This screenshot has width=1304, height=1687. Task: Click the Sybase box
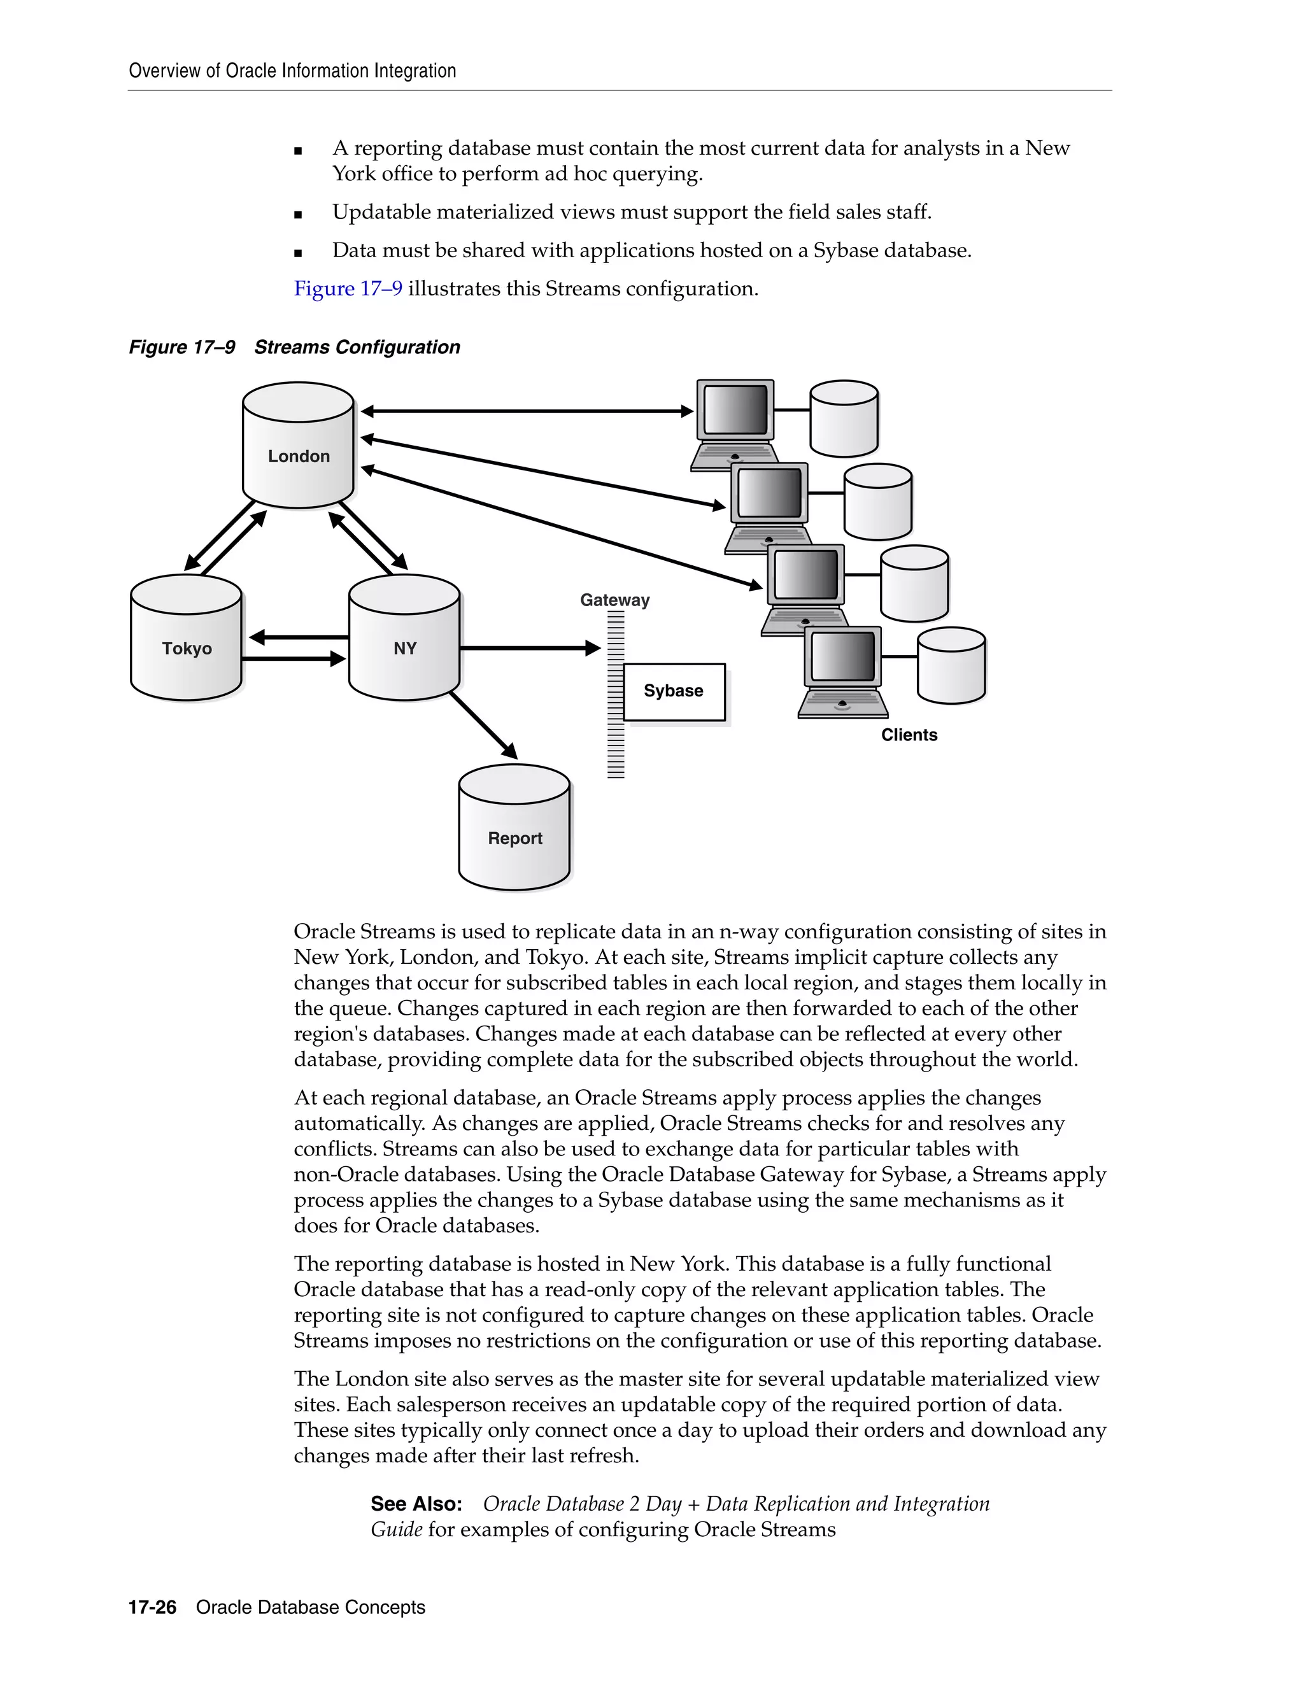point(674,691)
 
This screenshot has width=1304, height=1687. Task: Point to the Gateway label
point(614,600)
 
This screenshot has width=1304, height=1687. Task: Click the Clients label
point(909,735)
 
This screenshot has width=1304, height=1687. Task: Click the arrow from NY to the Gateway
point(529,648)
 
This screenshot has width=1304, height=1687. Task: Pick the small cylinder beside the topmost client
point(844,419)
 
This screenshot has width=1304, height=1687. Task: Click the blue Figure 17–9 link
point(348,289)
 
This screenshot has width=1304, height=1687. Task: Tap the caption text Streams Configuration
point(357,348)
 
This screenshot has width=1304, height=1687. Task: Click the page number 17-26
point(152,1607)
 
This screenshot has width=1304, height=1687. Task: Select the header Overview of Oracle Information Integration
point(292,71)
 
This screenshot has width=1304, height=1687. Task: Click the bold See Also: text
point(416,1504)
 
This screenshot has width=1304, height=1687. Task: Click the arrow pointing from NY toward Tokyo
point(298,637)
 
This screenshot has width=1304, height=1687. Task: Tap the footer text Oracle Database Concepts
point(311,1607)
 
